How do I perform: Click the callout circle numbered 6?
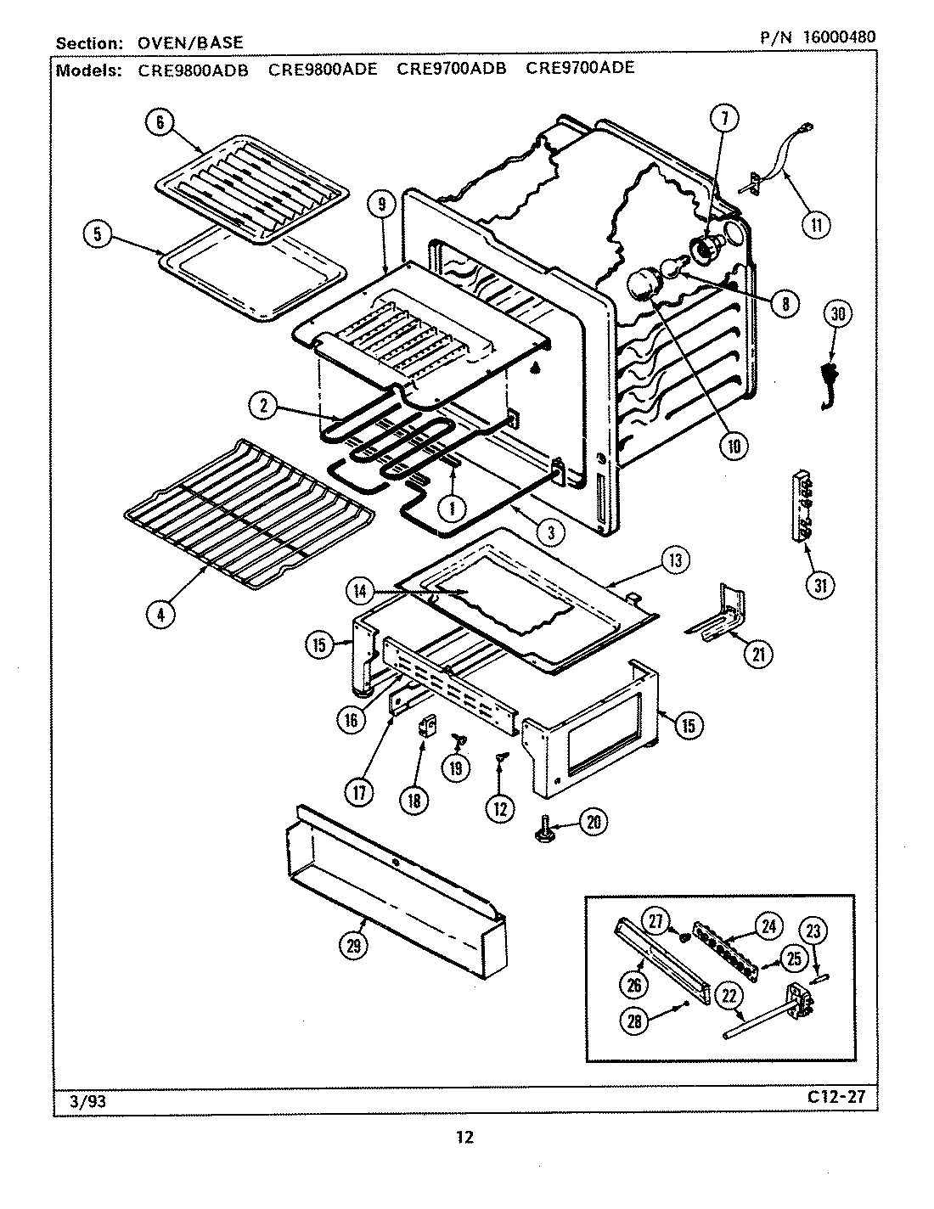coord(159,122)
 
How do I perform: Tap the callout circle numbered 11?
coord(816,225)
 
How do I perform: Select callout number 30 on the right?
coord(838,313)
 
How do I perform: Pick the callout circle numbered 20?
coord(594,821)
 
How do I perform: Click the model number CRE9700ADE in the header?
coord(580,68)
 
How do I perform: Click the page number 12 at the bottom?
coord(464,1137)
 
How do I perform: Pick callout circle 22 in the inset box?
coord(729,996)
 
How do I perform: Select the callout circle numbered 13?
coord(675,560)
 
